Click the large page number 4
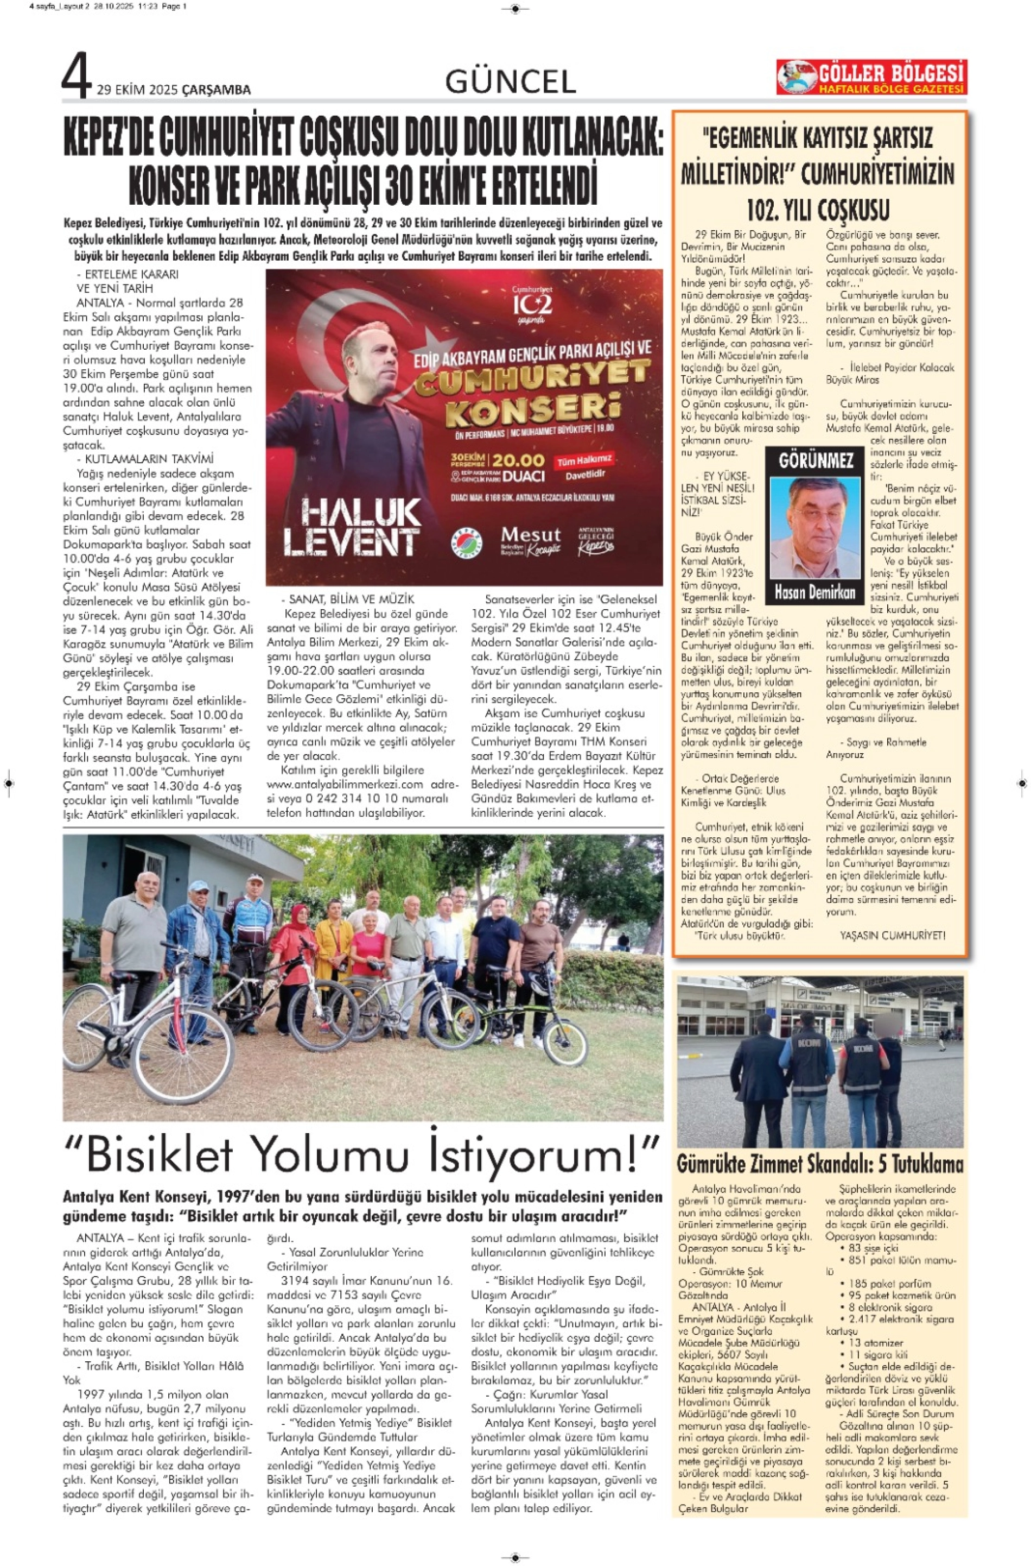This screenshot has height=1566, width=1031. pyautogui.click(x=77, y=78)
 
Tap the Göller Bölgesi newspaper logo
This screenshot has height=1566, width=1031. pyautogui.click(x=871, y=77)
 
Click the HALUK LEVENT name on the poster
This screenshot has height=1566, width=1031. pyautogui.click(x=352, y=526)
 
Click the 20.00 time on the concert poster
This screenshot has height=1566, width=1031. pyautogui.click(x=518, y=460)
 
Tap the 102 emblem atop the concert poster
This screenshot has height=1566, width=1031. pyautogui.click(x=533, y=305)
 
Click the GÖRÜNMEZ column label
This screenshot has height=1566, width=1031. pyautogui.click(x=816, y=460)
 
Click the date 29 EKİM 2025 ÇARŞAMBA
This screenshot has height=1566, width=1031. pyautogui.click(x=174, y=90)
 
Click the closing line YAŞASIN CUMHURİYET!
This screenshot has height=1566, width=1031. pyautogui.click(x=892, y=935)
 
